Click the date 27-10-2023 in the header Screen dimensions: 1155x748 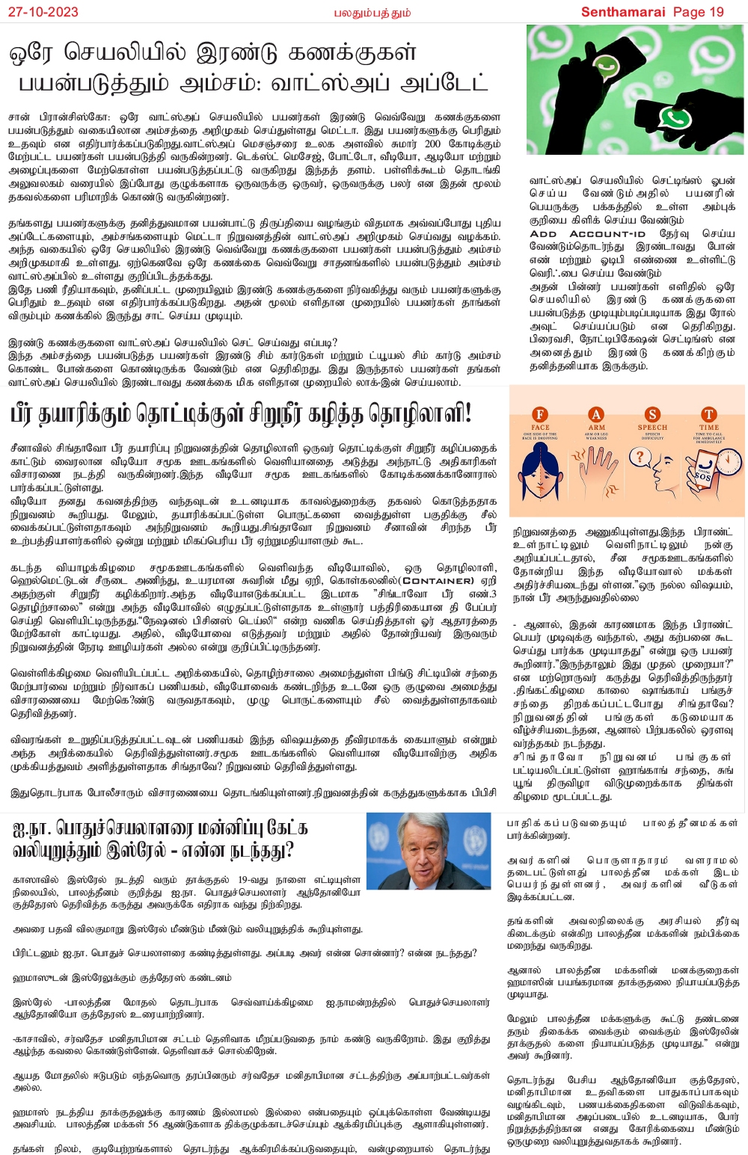click(40, 12)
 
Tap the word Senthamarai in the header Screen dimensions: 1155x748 click(624, 12)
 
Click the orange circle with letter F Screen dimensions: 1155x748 click(540, 414)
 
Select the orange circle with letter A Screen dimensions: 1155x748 click(596, 414)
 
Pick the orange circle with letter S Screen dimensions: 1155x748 click(652, 414)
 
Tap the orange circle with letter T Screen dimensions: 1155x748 click(708, 414)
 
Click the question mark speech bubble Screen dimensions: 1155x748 click(640, 456)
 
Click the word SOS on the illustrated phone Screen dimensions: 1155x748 click(702, 476)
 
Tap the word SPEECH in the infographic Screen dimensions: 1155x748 click(652, 428)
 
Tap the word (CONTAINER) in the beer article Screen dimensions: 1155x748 click(438, 580)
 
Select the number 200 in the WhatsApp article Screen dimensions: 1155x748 click(432, 144)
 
